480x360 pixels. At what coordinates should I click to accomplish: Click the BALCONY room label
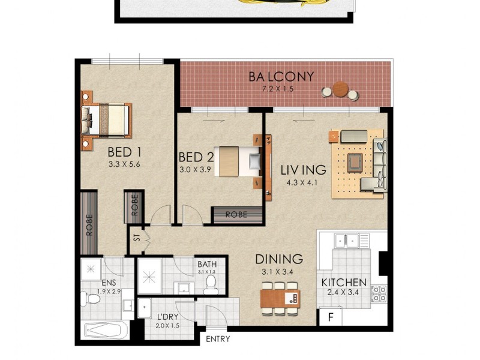(x=282, y=77)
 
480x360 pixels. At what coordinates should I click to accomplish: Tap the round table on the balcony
(x=340, y=89)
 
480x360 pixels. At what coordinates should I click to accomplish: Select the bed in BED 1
(x=107, y=119)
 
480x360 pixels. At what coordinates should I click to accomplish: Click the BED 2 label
(x=196, y=158)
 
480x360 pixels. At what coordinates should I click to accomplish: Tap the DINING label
(x=279, y=259)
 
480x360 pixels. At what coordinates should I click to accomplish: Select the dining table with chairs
(x=280, y=298)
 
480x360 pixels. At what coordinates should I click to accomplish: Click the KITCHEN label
(x=344, y=283)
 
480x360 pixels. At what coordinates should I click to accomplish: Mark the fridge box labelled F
(x=329, y=316)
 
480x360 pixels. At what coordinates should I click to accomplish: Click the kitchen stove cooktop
(x=379, y=293)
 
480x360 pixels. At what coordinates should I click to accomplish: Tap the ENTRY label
(x=218, y=340)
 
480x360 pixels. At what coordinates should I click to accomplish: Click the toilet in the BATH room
(x=210, y=284)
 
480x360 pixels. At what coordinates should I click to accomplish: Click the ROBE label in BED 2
(x=237, y=214)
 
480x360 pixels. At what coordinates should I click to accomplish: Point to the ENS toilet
(x=92, y=298)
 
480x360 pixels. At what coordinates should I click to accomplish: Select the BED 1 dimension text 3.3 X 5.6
(x=124, y=164)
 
